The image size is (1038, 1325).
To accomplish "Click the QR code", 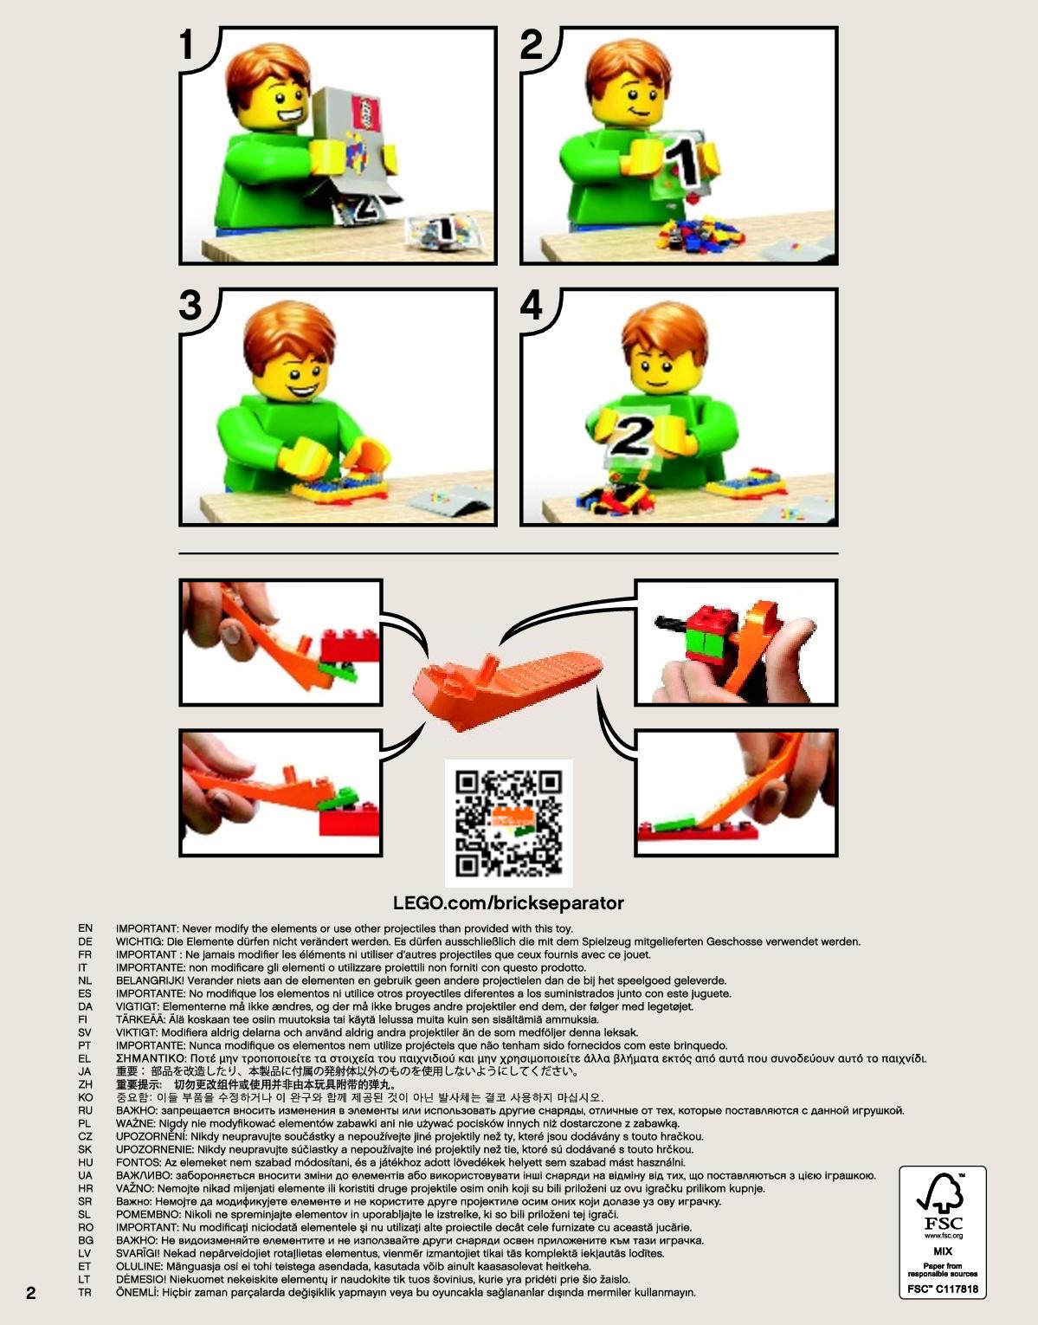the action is click(x=508, y=824).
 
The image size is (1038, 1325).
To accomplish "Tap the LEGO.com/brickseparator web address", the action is click(x=508, y=903).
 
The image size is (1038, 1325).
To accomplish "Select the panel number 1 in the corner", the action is click(x=186, y=45).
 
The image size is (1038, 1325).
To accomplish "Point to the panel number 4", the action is click(x=531, y=306).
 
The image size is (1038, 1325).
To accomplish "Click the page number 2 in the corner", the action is click(x=30, y=1293).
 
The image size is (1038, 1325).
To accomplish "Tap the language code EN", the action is click(x=86, y=928).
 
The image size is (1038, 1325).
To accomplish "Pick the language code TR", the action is click(x=85, y=1293).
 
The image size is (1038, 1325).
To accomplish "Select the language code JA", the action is click(x=85, y=1071).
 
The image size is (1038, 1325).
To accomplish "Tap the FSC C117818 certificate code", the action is click(x=942, y=1289).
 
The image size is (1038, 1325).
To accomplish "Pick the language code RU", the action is click(x=86, y=1110).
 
